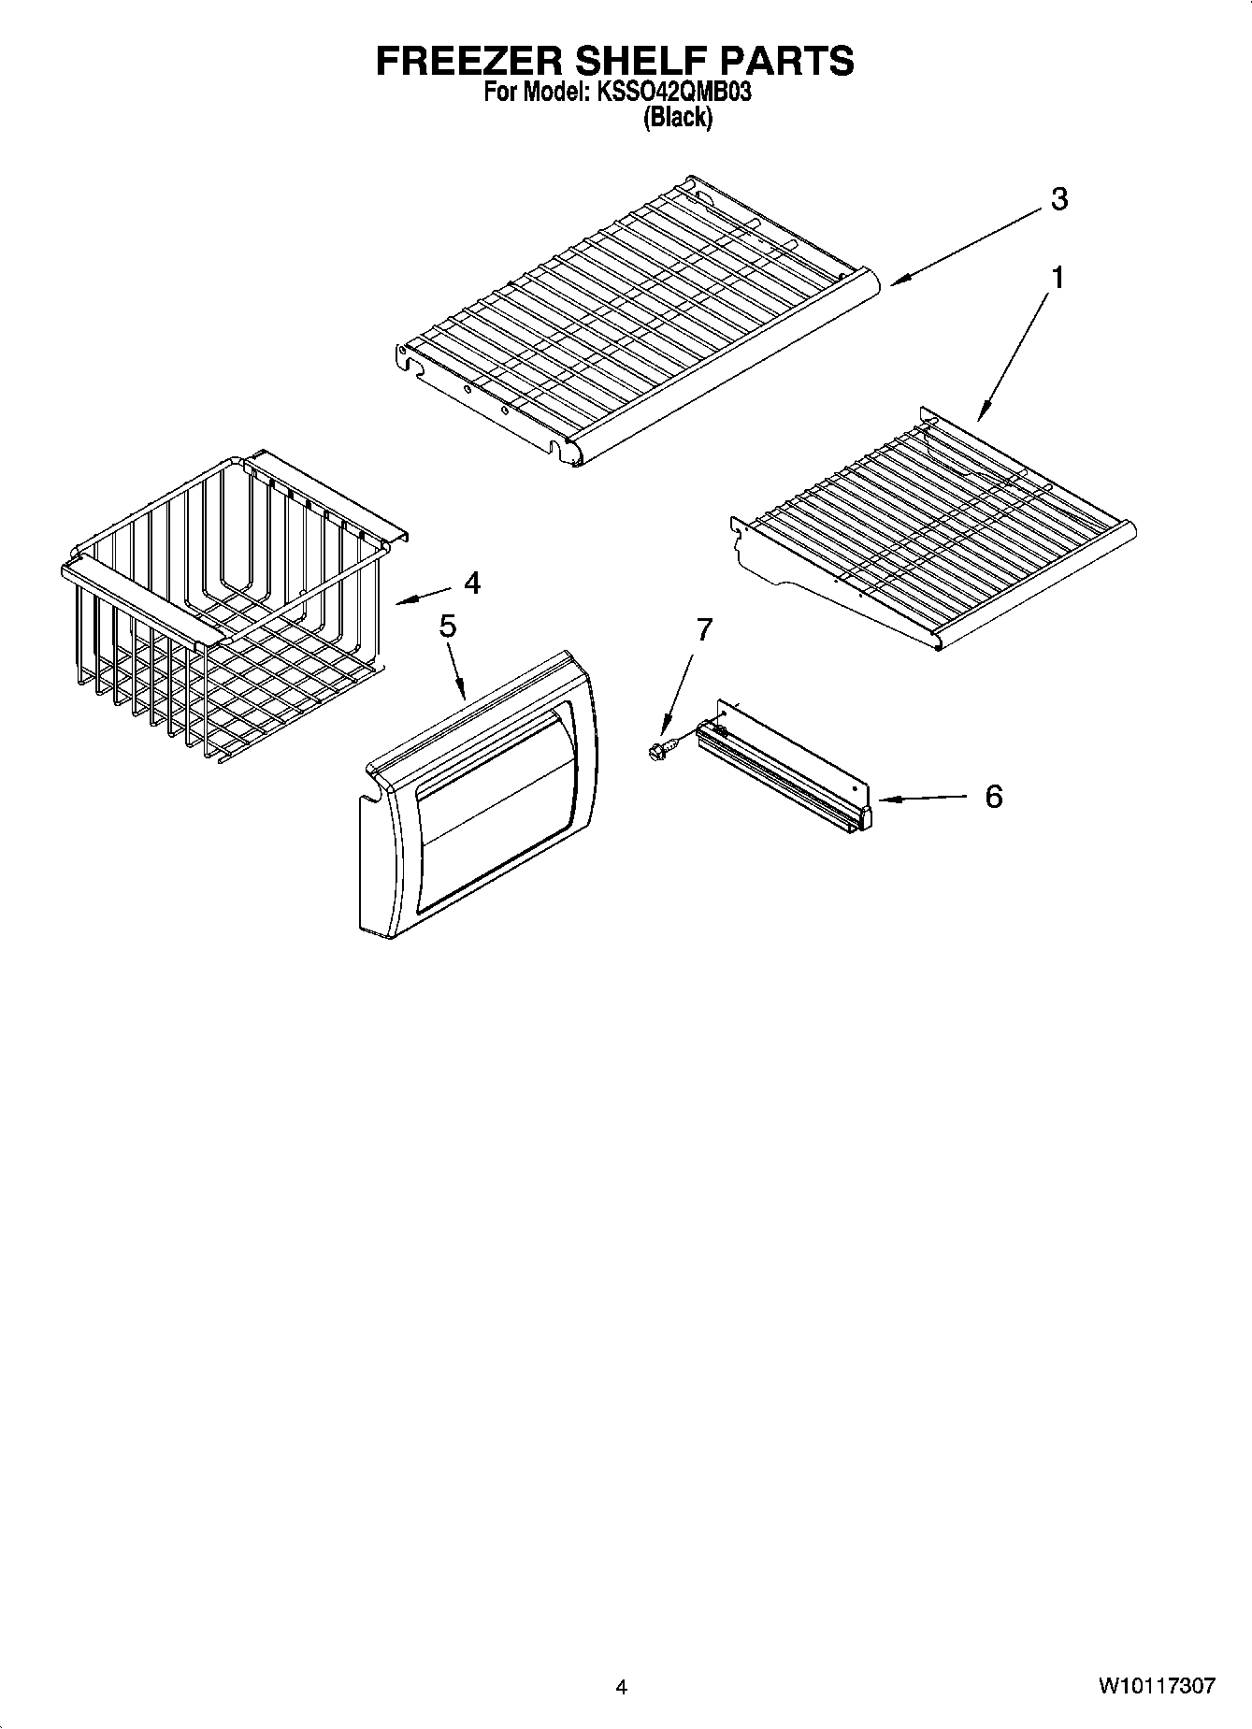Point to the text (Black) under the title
coord(678,118)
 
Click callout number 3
coord(1058,199)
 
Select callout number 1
coord(1058,278)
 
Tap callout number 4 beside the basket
coord(472,584)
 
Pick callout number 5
coord(448,627)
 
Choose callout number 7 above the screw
coord(704,629)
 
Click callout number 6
coord(993,797)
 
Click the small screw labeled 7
coord(657,749)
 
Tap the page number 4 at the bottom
coord(621,1687)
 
